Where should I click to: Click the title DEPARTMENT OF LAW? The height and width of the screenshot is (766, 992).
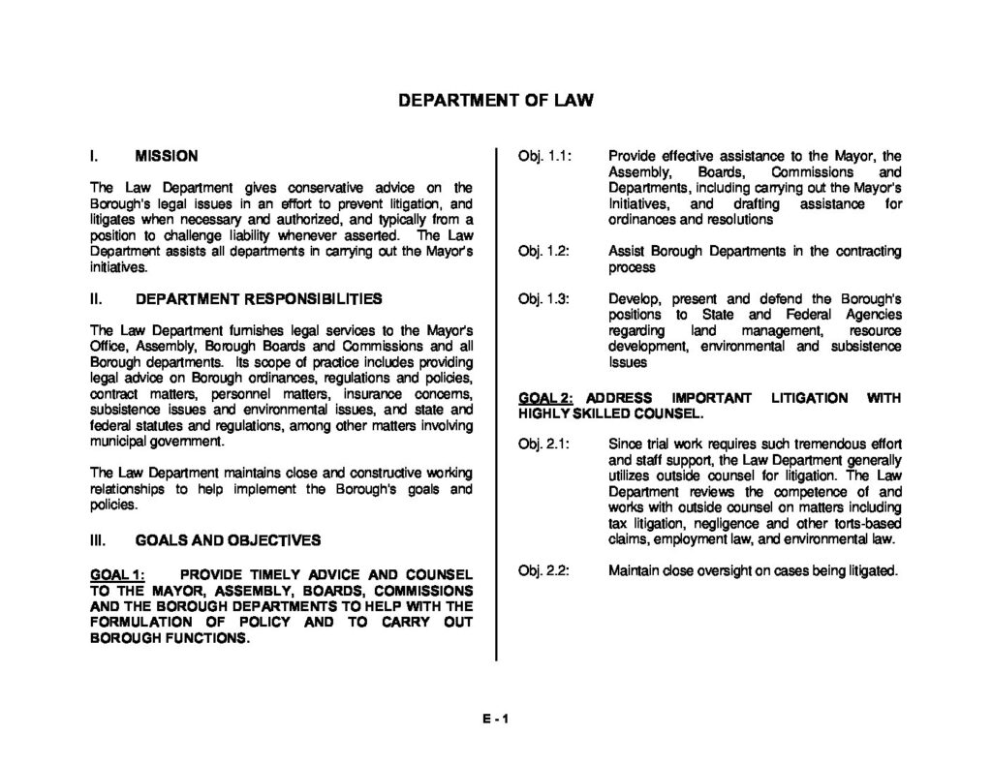click(495, 100)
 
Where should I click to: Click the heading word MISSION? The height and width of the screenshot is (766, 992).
click(167, 156)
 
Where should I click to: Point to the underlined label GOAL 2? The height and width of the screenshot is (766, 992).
click(546, 398)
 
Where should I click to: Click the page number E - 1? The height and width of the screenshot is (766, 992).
click(495, 718)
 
